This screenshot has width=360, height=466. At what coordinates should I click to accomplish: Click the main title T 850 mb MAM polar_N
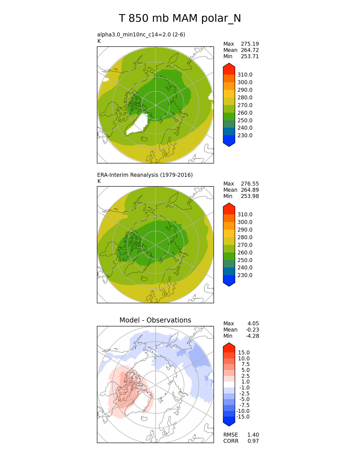pos(180,18)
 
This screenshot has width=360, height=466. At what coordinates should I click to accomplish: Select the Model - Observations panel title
pos(155,320)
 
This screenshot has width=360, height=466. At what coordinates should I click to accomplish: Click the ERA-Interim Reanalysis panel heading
pos(145,175)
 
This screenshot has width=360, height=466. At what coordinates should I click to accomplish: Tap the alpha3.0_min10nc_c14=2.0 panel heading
pos(141,34)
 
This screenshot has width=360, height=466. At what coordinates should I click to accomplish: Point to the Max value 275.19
pos(250,44)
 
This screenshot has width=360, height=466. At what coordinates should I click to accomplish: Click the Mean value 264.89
pos(250,190)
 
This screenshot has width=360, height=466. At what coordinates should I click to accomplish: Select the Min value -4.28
pos(253,336)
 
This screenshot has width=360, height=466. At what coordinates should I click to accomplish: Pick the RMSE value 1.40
pos(253,435)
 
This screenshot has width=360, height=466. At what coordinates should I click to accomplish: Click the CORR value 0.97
pos(253,441)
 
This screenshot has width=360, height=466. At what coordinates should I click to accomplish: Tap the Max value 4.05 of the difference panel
pos(253,323)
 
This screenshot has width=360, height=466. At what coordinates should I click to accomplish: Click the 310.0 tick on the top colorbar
pos(245,75)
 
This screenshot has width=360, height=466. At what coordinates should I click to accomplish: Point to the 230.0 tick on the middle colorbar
pos(245,275)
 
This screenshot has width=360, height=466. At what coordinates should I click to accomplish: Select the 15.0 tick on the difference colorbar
pos(244,352)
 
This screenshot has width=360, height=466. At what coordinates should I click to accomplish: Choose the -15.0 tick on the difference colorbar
pos(243,417)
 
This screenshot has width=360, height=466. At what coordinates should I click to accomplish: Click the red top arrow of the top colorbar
pos(229,68)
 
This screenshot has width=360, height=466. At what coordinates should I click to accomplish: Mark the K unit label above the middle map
pos(99,181)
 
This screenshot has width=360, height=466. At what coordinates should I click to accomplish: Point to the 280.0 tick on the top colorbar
pos(245,97)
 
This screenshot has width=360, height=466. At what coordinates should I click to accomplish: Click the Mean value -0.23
pos(252,330)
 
